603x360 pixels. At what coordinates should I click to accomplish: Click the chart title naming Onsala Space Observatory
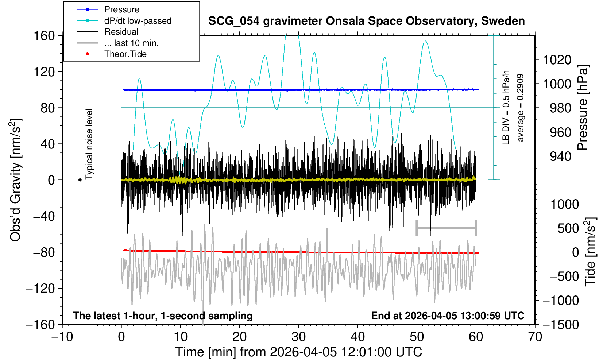366,21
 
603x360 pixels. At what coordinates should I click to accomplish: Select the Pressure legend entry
121,9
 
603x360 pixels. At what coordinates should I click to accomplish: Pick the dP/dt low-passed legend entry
138,21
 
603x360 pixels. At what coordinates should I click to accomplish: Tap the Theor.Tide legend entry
125,54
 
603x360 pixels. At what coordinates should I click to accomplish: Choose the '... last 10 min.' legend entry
131,43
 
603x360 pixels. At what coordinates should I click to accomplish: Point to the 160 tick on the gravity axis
44,36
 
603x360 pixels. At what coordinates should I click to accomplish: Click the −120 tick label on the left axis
40,289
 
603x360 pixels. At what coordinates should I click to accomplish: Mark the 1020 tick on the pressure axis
557,59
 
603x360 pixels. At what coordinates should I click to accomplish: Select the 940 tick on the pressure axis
560,156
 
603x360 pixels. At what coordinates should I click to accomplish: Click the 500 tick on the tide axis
568,228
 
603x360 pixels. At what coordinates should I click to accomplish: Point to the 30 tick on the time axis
299,336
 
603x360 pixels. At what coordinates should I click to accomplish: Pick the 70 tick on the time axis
535,336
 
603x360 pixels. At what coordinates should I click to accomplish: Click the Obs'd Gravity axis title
16,180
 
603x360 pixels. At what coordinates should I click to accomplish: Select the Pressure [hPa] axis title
583,108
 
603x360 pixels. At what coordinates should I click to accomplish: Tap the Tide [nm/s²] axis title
590,252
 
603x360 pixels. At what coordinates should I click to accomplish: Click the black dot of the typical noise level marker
80,180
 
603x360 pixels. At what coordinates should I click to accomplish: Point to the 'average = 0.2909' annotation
521,108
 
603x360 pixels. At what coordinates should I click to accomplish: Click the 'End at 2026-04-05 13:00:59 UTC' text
448,316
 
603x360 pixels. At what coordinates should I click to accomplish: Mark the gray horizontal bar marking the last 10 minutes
446,228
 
